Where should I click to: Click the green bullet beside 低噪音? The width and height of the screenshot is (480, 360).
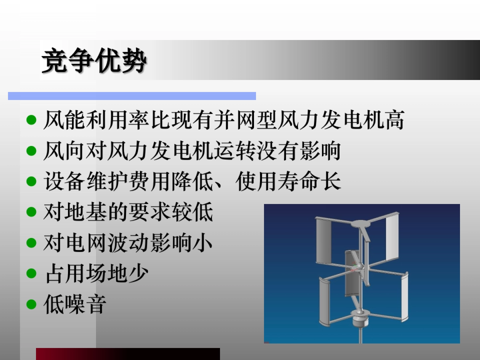click(x=31, y=305)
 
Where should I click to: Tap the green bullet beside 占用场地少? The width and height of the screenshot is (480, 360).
click(x=31, y=274)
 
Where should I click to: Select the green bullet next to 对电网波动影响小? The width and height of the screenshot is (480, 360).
click(x=31, y=243)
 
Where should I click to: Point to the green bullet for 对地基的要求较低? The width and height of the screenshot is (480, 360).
click(x=31, y=212)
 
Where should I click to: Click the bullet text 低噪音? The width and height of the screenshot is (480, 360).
click(x=75, y=305)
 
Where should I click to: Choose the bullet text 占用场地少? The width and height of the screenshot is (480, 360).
click(x=96, y=274)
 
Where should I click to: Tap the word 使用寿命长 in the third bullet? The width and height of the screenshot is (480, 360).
click(x=288, y=182)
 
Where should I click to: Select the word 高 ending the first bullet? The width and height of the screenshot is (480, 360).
click(x=394, y=120)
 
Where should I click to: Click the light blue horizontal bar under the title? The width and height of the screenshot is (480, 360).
click(x=132, y=96)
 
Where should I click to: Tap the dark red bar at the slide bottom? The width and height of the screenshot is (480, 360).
click(x=128, y=354)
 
